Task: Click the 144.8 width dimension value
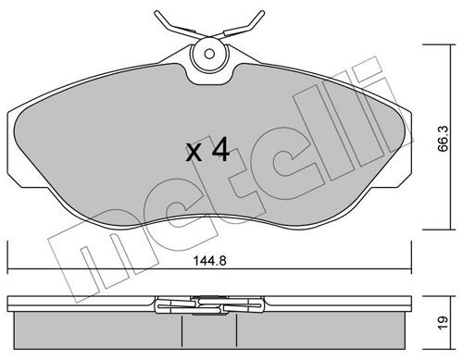click(209, 261)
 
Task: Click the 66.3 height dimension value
click(444, 139)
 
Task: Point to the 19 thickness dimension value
click(444, 323)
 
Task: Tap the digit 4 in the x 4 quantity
click(220, 149)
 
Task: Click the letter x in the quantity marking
click(194, 154)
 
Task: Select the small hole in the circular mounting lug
click(209, 55)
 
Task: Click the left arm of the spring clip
click(179, 25)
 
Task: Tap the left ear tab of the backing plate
click(15, 148)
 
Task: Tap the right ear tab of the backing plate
click(404, 148)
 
